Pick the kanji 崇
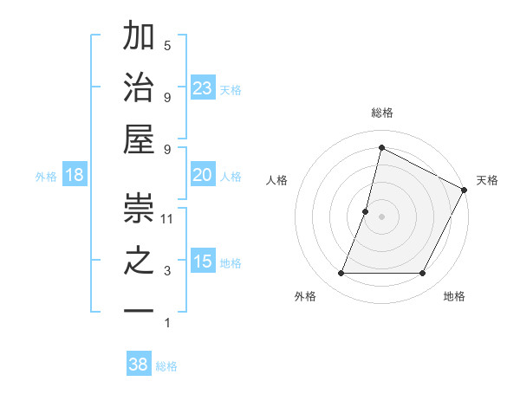pos(140,208)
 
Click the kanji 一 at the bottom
pos(140,311)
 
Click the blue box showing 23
pos(203,87)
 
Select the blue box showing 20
pos(203,175)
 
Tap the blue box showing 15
pos(203,261)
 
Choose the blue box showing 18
pos(75,175)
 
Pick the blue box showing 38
pos(139,365)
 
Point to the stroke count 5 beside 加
pos(167,45)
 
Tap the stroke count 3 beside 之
pos(167,271)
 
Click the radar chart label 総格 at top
pos(381,113)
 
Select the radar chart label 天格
pos(487,180)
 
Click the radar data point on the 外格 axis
pos(341,274)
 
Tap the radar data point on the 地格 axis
pos(422,274)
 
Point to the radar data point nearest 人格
pos(366,211)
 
